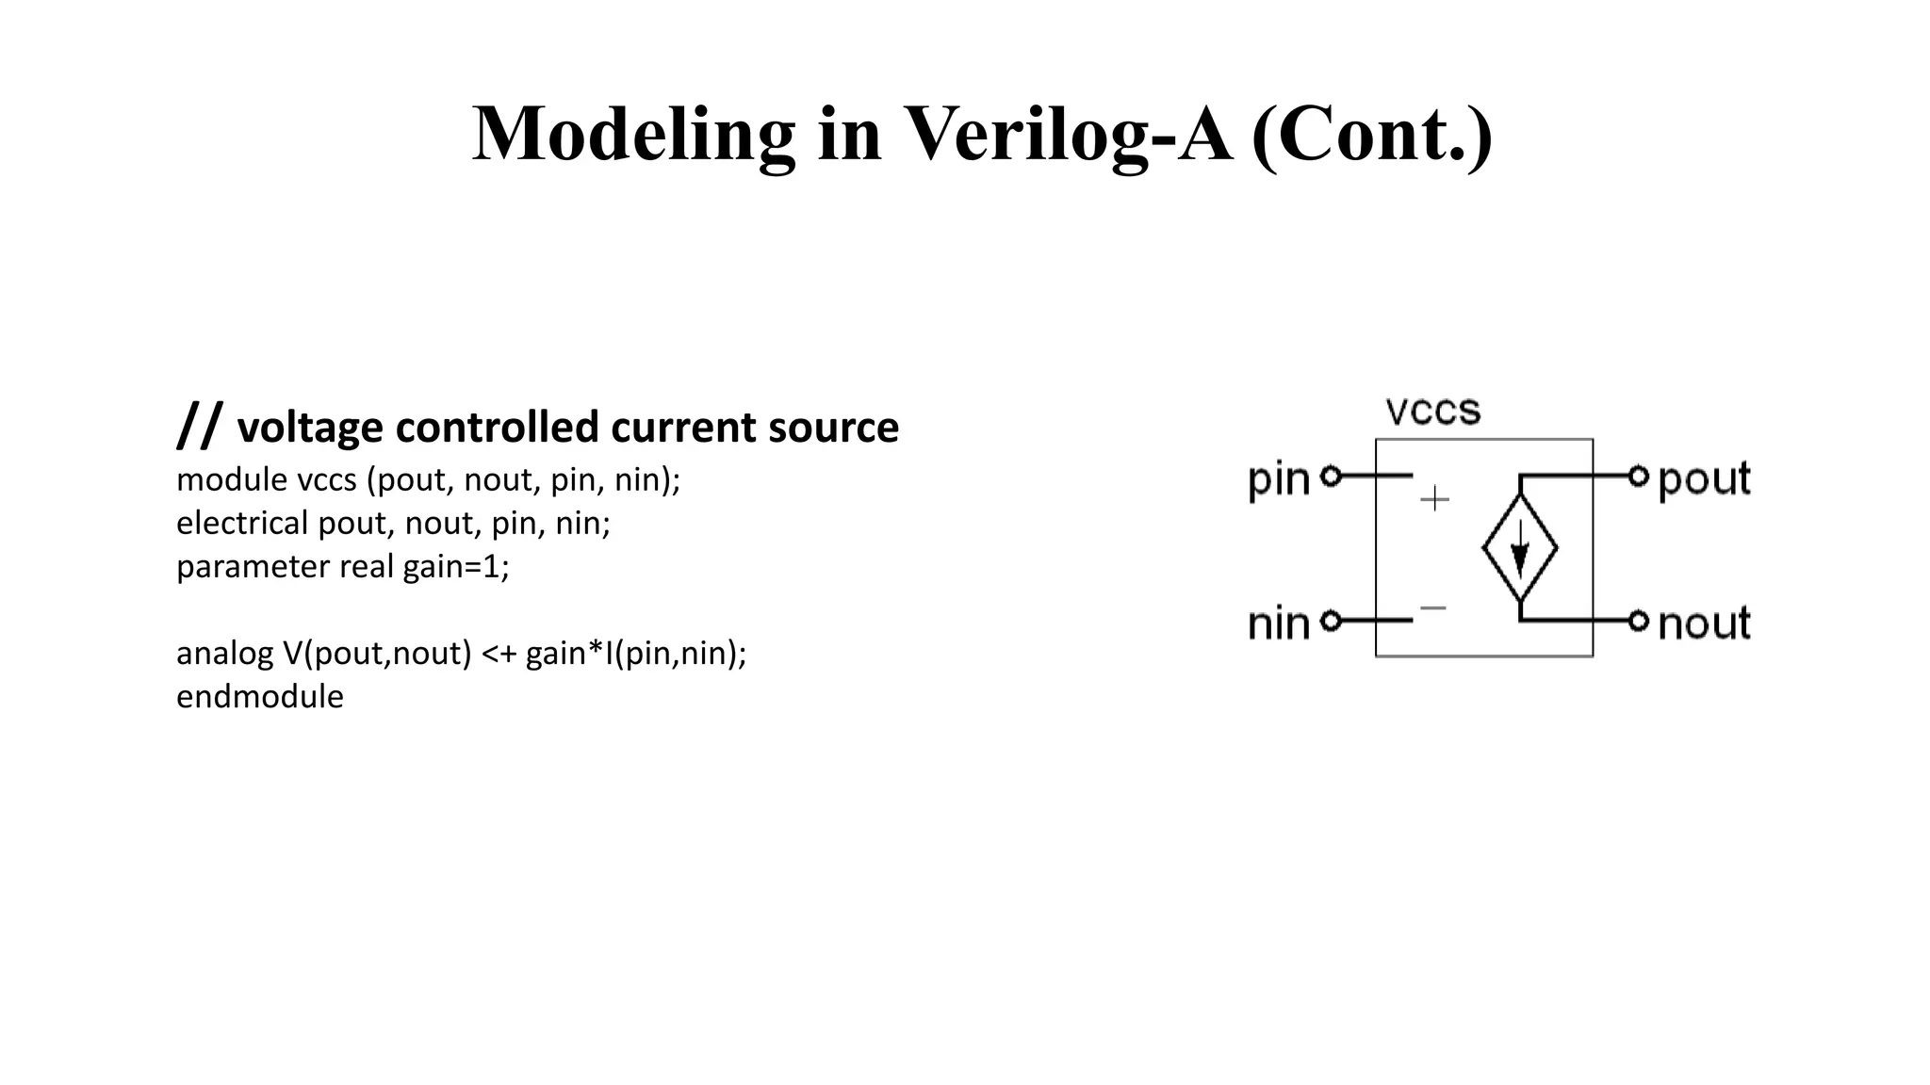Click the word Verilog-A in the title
pos(1068,135)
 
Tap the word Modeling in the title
pos(633,135)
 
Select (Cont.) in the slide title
pos(1372,135)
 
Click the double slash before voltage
pos(200,425)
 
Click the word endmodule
pos(260,697)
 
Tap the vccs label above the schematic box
pos(1432,412)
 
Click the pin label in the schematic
pos(1278,479)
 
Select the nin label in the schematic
pos(1278,623)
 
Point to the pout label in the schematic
pos(1704,479)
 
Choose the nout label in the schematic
pos(1704,623)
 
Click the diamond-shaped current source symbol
pos(1519,548)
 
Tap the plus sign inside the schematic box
pos(1434,498)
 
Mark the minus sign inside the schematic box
pos(1433,608)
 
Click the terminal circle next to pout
pos(1639,477)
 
